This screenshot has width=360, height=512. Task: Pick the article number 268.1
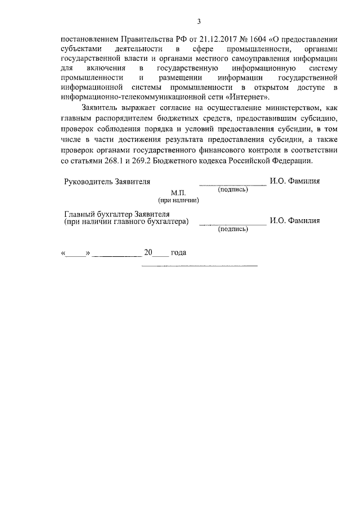point(111,161)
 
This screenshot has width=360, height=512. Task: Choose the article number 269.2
point(141,161)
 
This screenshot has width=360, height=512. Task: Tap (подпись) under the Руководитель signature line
point(233,189)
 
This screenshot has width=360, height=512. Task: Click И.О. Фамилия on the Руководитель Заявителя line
point(295,181)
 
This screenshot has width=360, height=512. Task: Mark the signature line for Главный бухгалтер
point(233,224)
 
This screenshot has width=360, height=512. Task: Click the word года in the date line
point(178,252)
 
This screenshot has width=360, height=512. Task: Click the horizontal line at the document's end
point(199,265)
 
